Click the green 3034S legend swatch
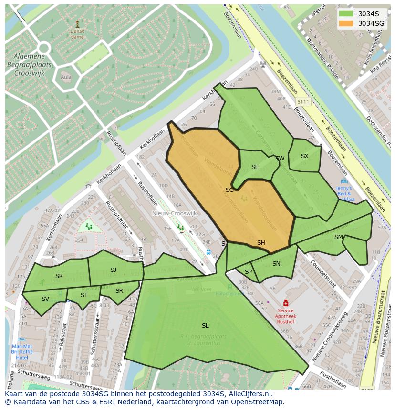click(x=346, y=14)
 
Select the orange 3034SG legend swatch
click(x=346, y=23)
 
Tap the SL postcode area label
click(x=205, y=326)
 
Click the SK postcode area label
click(x=59, y=276)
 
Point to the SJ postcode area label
click(x=113, y=270)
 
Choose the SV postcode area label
click(x=45, y=299)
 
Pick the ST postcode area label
click(x=84, y=295)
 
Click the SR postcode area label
click(x=119, y=291)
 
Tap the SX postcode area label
click(x=305, y=156)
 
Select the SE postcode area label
click(x=255, y=167)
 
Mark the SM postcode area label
click(x=339, y=237)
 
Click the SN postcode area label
click(x=276, y=264)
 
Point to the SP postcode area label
click(x=248, y=272)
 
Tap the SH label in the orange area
click(x=261, y=243)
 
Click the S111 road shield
click(x=302, y=102)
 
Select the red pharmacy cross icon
click(x=286, y=303)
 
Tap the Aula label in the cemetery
click(x=66, y=77)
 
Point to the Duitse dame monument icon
click(x=77, y=23)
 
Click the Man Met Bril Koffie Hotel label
click(x=22, y=351)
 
